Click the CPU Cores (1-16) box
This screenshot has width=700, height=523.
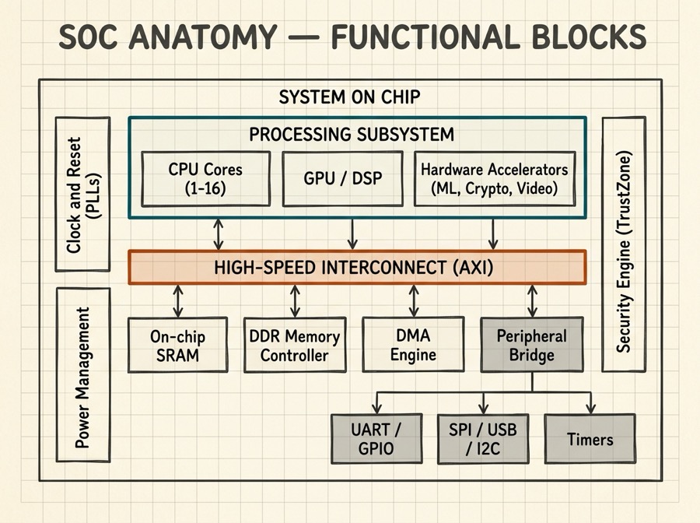[205, 178]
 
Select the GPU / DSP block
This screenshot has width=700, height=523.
[342, 178]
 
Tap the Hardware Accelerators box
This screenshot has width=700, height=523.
[494, 178]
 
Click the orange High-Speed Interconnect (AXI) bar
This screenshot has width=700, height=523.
[356, 268]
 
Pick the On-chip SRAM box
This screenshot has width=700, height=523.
[178, 345]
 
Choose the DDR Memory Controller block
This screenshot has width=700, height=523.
[293, 345]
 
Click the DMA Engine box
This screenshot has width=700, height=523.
[412, 345]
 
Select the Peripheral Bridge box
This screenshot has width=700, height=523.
[532, 345]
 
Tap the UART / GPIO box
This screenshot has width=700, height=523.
[376, 438]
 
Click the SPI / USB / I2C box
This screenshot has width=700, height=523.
[483, 438]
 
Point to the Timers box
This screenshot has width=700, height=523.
[590, 438]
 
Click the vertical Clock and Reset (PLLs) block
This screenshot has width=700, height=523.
[82, 195]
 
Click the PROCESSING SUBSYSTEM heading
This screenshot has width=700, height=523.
[352, 134]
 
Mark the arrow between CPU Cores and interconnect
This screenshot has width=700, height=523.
[219, 233]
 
